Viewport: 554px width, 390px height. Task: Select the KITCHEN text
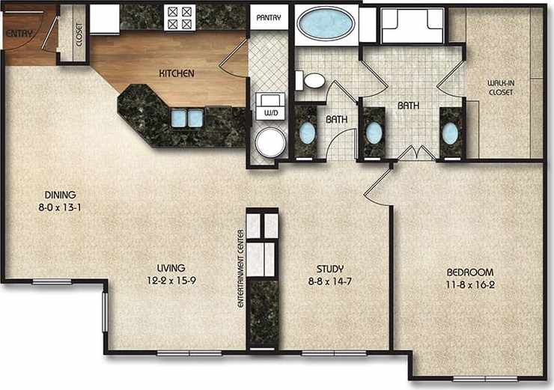(x=177, y=73)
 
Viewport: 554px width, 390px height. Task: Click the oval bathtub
(x=326, y=23)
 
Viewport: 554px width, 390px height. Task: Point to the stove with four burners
(x=180, y=17)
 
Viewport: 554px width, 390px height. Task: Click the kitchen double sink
(x=187, y=118)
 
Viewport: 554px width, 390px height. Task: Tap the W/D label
(x=269, y=112)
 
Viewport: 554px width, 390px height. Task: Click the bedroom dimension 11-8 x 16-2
(x=469, y=284)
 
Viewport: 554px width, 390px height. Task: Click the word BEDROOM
(x=469, y=271)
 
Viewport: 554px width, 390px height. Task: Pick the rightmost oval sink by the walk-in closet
(x=450, y=133)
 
